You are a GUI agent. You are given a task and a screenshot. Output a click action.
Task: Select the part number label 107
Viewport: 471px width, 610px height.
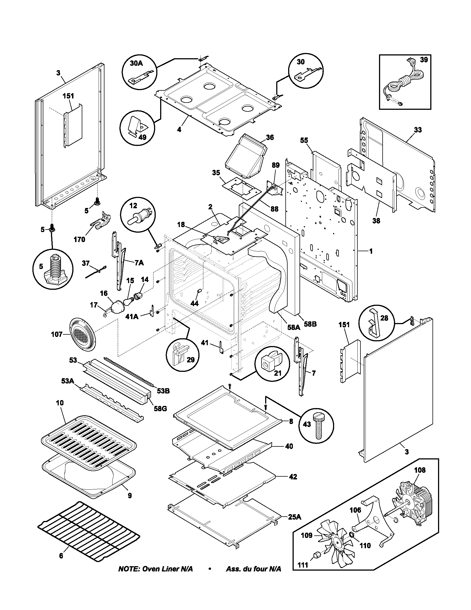click(57, 334)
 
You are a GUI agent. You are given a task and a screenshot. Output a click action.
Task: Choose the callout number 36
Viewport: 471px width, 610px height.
click(270, 137)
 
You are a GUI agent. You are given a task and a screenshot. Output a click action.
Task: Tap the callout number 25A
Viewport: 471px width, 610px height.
click(295, 517)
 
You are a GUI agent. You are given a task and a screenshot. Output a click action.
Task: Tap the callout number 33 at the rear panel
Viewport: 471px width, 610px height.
click(418, 130)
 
